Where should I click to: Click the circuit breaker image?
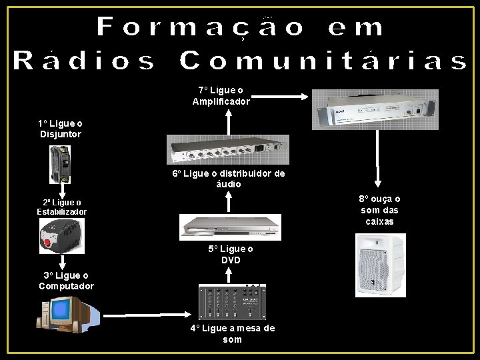pyautogui.click(x=59, y=165)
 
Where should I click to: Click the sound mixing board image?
pyautogui.click(x=232, y=303)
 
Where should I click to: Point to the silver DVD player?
pyautogui.click(x=231, y=227)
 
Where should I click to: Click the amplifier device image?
pyautogui.click(x=375, y=109)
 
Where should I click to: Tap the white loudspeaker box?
pyautogui.click(x=380, y=265)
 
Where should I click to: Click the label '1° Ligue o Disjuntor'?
pyautogui.click(x=60, y=129)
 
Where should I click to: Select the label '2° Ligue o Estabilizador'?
pyautogui.click(x=61, y=207)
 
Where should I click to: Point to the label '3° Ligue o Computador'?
pyautogui.click(x=66, y=281)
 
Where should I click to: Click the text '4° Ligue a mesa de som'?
pyautogui.click(x=232, y=333)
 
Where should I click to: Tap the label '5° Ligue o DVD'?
pyautogui.click(x=231, y=254)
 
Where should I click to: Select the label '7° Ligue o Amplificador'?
pyautogui.click(x=221, y=96)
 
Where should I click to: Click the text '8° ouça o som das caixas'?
pyautogui.click(x=379, y=210)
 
